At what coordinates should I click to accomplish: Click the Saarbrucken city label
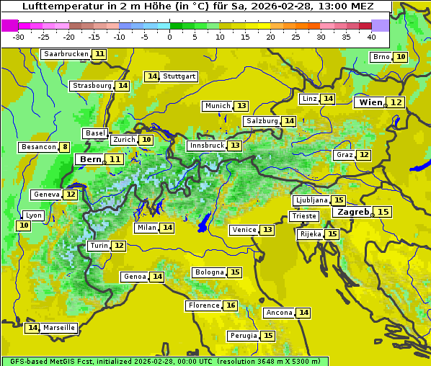pos(66,54)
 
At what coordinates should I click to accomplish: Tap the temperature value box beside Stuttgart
pos(151,76)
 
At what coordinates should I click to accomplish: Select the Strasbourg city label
pos(92,86)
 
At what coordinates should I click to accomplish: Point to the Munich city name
pos(218,106)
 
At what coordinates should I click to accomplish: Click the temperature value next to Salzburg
pos(289,121)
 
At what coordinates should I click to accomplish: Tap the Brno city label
pos(381,57)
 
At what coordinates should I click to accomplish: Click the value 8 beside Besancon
pos(65,147)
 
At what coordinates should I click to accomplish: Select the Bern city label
pos(91,159)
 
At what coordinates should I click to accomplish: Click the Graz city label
pos(345,155)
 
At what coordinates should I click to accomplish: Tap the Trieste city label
pos(303,216)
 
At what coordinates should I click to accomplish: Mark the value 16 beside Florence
pos(231,305)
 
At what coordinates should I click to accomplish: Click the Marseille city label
pos(59,328)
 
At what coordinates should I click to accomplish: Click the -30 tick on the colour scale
pos(19,37)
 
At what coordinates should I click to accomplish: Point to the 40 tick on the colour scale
pos(371,37)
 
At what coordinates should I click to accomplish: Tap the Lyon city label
pos(34,215)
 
